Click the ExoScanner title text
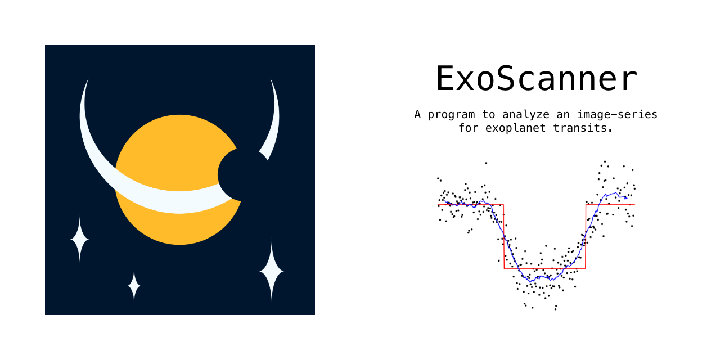[536, 79]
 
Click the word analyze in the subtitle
[516, 115]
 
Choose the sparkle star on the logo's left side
[79, 240]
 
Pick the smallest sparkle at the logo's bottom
[134, 286]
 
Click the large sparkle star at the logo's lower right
[272, 272]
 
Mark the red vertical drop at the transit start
[503, 236]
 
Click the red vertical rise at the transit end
[586, 236]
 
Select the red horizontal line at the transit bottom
[544, 268]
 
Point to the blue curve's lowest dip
[530, 280]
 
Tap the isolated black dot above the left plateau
[486, 163]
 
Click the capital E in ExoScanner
[445, 79]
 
